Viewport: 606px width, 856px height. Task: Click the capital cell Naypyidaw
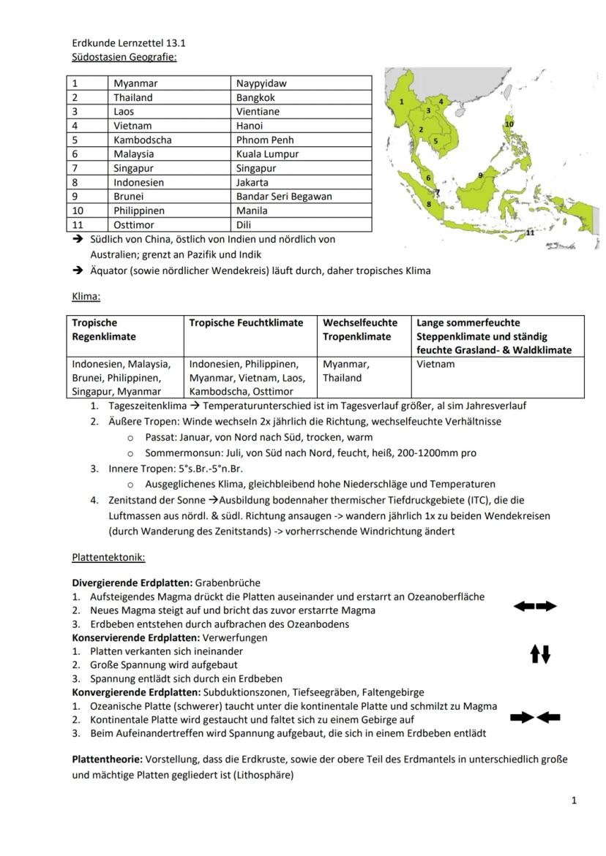(x=261, y=83)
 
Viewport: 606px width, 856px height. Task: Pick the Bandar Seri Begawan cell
(x=284, y=197)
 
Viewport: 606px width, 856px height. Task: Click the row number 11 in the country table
(x=78, y=225)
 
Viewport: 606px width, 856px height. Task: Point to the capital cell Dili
(x=244, y=225)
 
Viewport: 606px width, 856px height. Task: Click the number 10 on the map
(x=509, y=124)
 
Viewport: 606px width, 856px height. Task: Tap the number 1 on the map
(x=402, y=102)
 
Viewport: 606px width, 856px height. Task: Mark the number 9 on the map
(x=480, y=175)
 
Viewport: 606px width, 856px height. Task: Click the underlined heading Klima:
(x=86, y=298)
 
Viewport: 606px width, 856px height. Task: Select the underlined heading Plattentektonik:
(x=108, y=558)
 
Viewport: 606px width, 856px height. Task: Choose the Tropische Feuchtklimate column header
(x=246, y=322)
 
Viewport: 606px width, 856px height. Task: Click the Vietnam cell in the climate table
(x=435, y=364)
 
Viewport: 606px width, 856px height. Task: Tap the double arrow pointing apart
(x=535, y=606)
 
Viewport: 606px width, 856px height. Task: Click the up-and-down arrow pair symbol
(x=540, y=654)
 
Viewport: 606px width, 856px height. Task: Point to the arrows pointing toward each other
(x=535, y=718)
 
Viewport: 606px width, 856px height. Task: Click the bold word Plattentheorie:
(x=106, y=760)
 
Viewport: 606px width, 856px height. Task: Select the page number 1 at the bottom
(x=575, y=800)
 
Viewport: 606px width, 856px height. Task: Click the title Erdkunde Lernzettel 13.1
(x=124, y=43)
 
